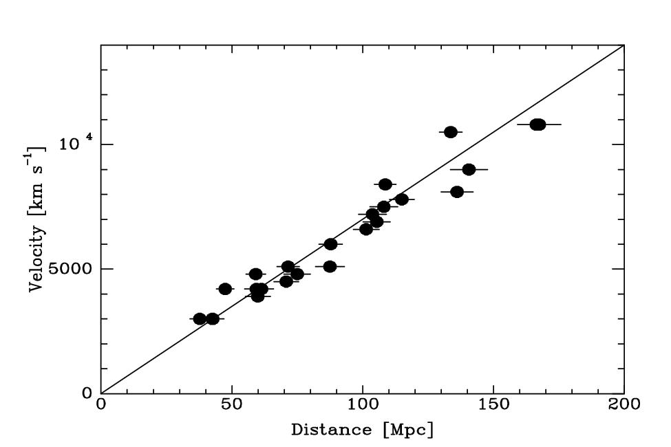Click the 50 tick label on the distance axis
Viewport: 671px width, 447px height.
[x=232, y=404]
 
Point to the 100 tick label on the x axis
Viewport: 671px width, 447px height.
[x=362, y=404]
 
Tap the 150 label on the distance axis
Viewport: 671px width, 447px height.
[x=493, y=404]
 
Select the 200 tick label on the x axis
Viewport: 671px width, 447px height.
[x=624, y=404]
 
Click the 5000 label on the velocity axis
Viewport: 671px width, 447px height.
[x=73, y=269]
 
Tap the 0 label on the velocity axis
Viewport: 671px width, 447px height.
[x=86, y=393]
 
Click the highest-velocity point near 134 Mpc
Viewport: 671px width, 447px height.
[x=451, y=132]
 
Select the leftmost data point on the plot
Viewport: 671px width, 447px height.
[x=200, y=318]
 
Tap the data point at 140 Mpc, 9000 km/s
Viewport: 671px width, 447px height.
[x=469, y=169]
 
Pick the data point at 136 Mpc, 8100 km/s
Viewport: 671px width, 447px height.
[x=457, y=192]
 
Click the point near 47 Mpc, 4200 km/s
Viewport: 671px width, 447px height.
[x=225, y=289]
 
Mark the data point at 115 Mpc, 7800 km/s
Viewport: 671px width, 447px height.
[x=402, y=199]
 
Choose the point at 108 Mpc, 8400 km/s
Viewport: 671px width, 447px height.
[x=385, y=184]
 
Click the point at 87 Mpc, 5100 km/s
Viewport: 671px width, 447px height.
[x=330, y=266]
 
